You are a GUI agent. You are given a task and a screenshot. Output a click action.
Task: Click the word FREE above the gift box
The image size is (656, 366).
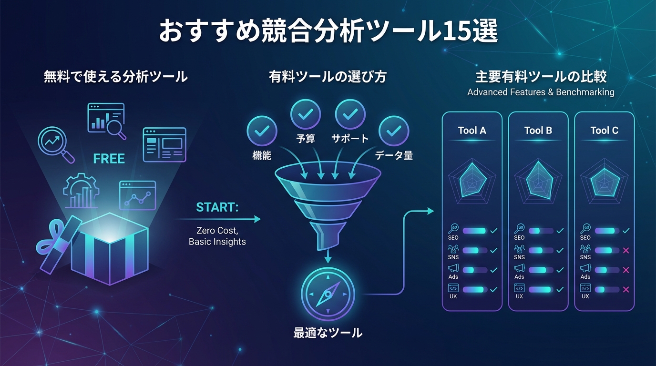click(109, 159)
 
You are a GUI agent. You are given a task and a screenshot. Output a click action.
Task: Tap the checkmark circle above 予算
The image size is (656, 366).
click(306, 114)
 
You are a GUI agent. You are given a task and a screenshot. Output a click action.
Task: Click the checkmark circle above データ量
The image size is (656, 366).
click(393, 131)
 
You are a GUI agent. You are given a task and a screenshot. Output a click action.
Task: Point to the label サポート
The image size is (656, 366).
click(350, 139)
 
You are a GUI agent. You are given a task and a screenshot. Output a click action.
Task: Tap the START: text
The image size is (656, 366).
click(217, 208)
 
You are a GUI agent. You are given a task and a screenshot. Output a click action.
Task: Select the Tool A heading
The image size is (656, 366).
click(472, 131)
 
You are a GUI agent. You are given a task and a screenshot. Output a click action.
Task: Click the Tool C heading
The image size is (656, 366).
click(604, 131)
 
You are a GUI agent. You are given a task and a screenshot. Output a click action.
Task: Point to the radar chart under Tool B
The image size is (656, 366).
click(538, 180)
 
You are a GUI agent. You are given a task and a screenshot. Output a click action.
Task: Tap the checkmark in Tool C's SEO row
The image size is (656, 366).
click(626, 231)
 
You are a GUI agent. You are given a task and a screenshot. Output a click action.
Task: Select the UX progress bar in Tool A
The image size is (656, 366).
click(474, 289)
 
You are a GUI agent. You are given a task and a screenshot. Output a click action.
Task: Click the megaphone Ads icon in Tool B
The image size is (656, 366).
click(519, 268)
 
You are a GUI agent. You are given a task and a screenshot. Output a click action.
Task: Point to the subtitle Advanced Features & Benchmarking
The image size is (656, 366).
click(541, 92)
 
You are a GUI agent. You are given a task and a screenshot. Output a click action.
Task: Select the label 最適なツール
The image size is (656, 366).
click(328, 333)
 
